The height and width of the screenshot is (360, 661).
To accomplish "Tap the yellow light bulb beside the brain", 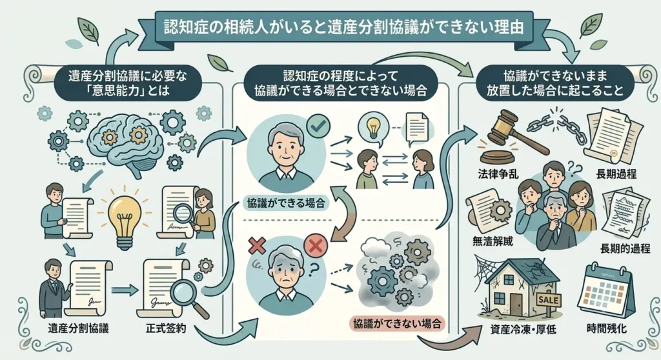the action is point(125,217).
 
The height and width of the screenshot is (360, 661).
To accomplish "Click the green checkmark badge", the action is point(318,125).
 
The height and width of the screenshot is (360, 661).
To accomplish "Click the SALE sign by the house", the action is point(549,301).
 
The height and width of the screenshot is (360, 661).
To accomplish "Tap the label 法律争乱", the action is point(498,174).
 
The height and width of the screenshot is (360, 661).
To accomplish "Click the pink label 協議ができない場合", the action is point(397,324).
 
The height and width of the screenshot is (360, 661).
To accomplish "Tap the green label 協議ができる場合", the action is point(286,204).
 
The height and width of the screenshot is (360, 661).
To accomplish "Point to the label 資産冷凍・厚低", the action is point(523,329).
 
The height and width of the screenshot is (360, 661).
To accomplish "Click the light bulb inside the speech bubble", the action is point(373,128).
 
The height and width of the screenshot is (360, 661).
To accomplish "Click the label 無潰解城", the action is point(493,242).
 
